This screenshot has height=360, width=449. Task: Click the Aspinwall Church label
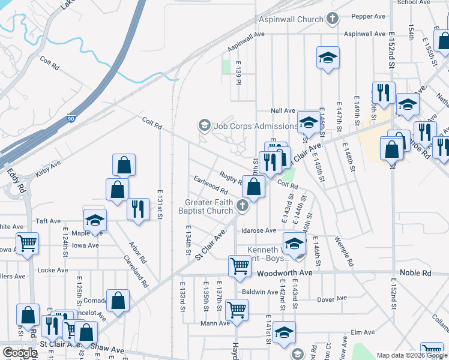291,19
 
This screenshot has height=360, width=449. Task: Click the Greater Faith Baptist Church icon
243,206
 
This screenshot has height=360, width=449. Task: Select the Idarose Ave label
258,230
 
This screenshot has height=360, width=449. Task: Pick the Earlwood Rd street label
210,185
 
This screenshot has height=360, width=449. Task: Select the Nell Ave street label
283,110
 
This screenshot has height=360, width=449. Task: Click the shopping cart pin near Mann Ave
237,310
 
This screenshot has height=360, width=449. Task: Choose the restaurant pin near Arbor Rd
139,209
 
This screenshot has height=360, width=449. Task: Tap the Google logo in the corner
20,352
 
